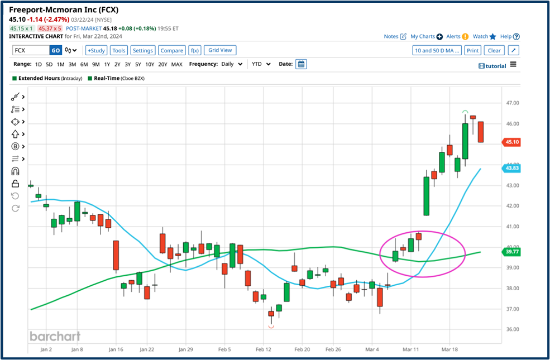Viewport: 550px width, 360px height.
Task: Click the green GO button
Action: click(x=55, y=50)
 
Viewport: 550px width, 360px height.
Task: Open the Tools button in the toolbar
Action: click(x=119, y=50)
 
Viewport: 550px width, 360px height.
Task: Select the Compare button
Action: click(x=171, y=50)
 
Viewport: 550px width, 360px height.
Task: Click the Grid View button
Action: click(x=220, y=50)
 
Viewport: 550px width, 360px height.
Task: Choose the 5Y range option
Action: click(x=137, y=64)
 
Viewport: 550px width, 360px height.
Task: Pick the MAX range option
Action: click(x=176, y=64)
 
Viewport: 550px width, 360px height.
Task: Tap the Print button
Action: click(x=472, y=50)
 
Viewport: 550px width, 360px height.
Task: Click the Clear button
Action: click(x=494, y=50)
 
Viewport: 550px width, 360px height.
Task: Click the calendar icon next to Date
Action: click(x=301, y=64)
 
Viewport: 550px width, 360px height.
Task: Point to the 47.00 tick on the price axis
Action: click(x=513, y=103)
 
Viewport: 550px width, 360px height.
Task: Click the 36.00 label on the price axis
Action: click(x=513, y=329)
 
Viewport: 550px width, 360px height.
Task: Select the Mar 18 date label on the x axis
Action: click(x=450, y=349)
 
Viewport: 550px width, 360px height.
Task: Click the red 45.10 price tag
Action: click(x=513, y=142)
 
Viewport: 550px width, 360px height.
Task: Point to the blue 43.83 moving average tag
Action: click(x=513, y=168)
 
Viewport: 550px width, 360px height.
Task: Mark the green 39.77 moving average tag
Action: click(x=513, y=252)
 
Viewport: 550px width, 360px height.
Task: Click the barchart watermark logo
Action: click(x=55, y=336)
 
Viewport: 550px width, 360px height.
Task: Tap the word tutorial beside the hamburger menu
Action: click(x=495, y=66)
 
